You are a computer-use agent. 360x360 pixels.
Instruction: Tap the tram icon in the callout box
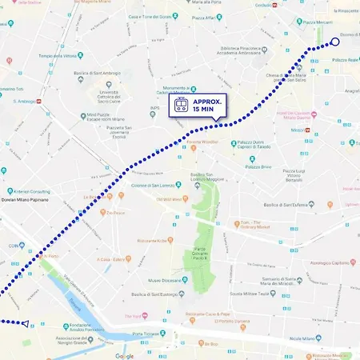click(181, 106)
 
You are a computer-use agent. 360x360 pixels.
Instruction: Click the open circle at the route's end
click(335, 42)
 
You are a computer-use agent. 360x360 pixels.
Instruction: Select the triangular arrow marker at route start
click(26, 323)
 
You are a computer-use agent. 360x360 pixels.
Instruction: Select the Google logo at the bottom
click(124, 355)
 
